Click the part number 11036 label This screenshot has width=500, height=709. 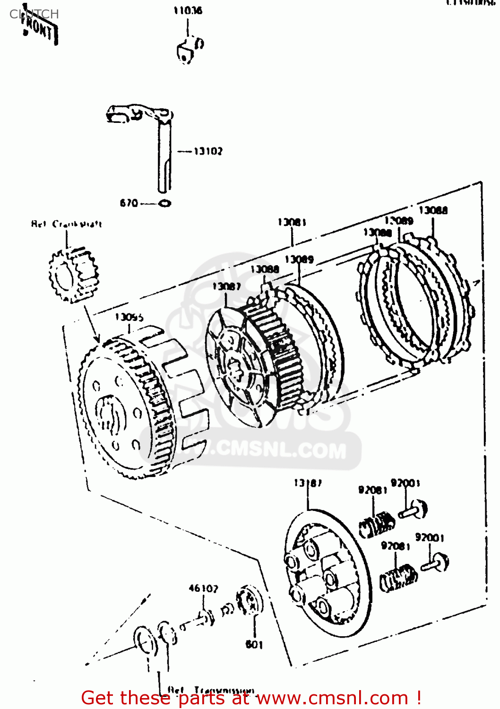point(188,10)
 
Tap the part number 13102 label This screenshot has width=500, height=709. point(208,151)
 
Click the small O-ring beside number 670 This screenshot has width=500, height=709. point(164,204)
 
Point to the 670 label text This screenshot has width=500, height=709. point(129,203)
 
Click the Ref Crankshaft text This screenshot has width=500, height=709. point(66,224)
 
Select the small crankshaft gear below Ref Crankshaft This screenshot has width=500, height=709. point(74,274)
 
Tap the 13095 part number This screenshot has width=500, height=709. point(129,317)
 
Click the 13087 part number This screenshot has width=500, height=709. point(226,286)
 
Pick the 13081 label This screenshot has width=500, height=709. point(292,222)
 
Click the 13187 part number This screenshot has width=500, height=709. point(308,483)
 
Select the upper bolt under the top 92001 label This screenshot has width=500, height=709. point(414,510)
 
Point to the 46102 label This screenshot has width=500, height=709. point(203,588)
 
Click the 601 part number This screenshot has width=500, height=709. point(254,644)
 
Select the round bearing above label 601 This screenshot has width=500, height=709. point(250,601)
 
